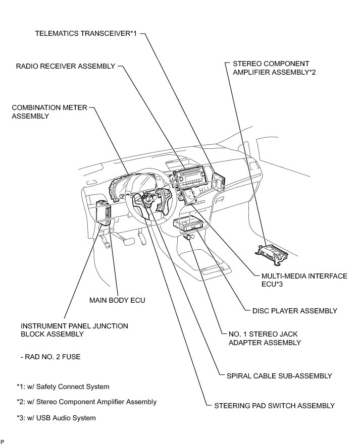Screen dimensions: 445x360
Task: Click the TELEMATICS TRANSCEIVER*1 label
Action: (86, 34)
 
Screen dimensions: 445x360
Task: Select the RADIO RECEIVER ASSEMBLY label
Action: (66, 66)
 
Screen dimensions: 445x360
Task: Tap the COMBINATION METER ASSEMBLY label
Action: (49, 112)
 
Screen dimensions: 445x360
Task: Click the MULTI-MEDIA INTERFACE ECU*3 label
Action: (304, 280)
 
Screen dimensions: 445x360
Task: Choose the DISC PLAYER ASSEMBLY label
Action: (294, 311)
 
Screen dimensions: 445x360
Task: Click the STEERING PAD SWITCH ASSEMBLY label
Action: (274, 405)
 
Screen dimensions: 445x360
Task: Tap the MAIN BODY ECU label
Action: (117, 300)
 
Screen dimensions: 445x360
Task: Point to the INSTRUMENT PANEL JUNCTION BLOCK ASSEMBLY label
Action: (74, 330)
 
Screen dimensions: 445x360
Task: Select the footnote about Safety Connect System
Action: (63, 386)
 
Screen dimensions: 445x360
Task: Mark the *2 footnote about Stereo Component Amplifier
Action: (86, 402)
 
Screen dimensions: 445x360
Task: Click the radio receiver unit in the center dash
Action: (190, 178)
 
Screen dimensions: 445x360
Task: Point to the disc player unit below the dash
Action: (189, 224)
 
